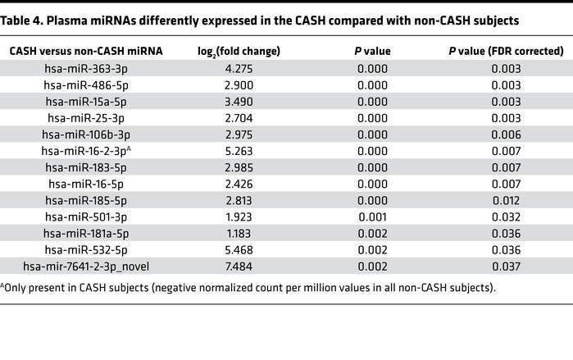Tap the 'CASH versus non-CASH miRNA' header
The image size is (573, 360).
point(86,51)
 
